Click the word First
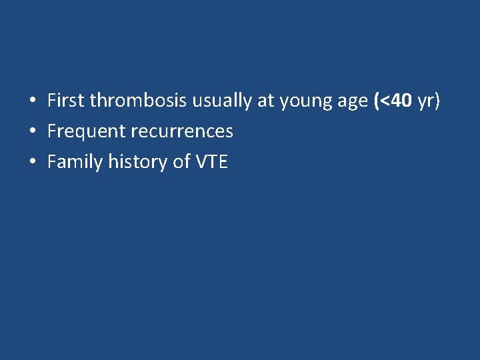66,101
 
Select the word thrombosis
139,101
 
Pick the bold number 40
401,101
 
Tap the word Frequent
87,132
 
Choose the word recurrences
182,132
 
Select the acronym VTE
212,162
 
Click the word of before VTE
181,162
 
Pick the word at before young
266,101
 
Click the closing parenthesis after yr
437,101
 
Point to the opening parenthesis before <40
377,101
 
